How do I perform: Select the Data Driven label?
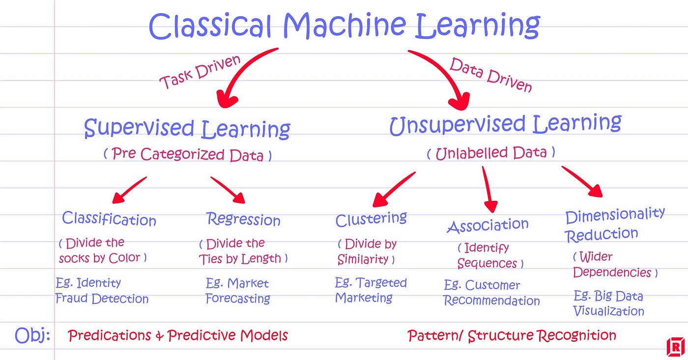[490, 75]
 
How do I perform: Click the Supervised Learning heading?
[187, 129]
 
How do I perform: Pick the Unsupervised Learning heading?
[505, 124]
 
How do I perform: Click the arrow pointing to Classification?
[129, 190]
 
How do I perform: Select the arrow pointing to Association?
[487, 189]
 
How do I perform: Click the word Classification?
[109, 219]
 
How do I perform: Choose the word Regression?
[243, 219]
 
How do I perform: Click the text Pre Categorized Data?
[187, 155]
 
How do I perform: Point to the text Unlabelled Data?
[490, 153]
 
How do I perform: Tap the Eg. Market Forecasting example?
[238, 291]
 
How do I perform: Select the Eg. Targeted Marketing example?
[371, 290]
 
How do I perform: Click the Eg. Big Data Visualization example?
[608, 303]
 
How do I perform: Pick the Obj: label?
[32, 335]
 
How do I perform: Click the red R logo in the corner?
[675, 347]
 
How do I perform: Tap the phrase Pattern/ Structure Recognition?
[512, 336]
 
